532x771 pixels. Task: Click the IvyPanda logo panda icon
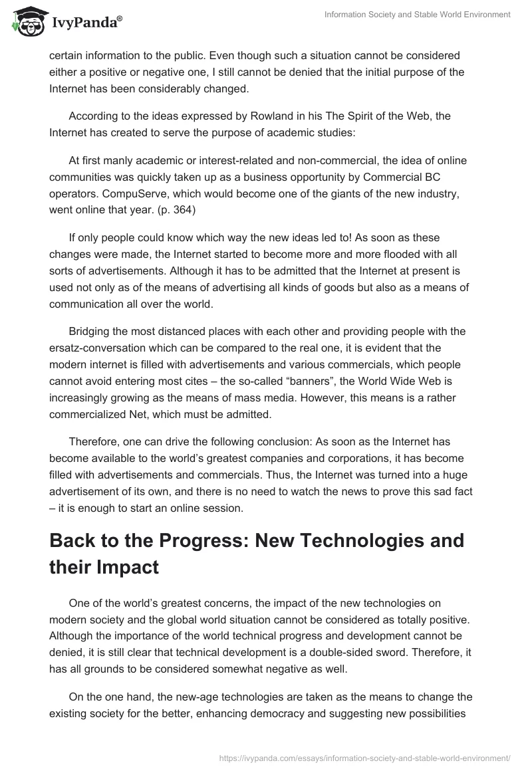pos(27,23)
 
